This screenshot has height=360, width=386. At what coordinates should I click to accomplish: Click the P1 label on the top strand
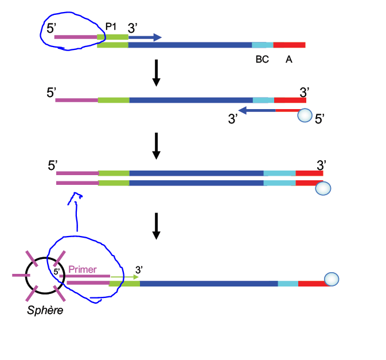tap(111, 27)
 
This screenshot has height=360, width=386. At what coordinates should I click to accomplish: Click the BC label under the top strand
tap(262, 59)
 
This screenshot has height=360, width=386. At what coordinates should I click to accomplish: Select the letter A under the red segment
tap(289, 59)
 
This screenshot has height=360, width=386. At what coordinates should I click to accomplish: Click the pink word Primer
tap(83, 269)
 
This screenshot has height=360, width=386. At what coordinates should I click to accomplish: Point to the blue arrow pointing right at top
tap(145, 37)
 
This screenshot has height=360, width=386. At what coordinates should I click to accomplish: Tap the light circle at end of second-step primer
tap(306, 116)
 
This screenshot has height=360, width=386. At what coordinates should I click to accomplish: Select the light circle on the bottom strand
tap(332, 280)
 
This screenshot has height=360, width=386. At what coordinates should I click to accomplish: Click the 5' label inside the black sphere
tap(57, 270)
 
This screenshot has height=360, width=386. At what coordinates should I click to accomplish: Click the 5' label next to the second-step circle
tap(320, 119)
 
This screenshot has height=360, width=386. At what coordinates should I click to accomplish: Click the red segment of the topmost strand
tap(289, 45)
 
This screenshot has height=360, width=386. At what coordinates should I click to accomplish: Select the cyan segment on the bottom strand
tap(288, 284)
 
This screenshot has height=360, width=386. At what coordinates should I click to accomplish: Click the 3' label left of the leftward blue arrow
tap(233, 119)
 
